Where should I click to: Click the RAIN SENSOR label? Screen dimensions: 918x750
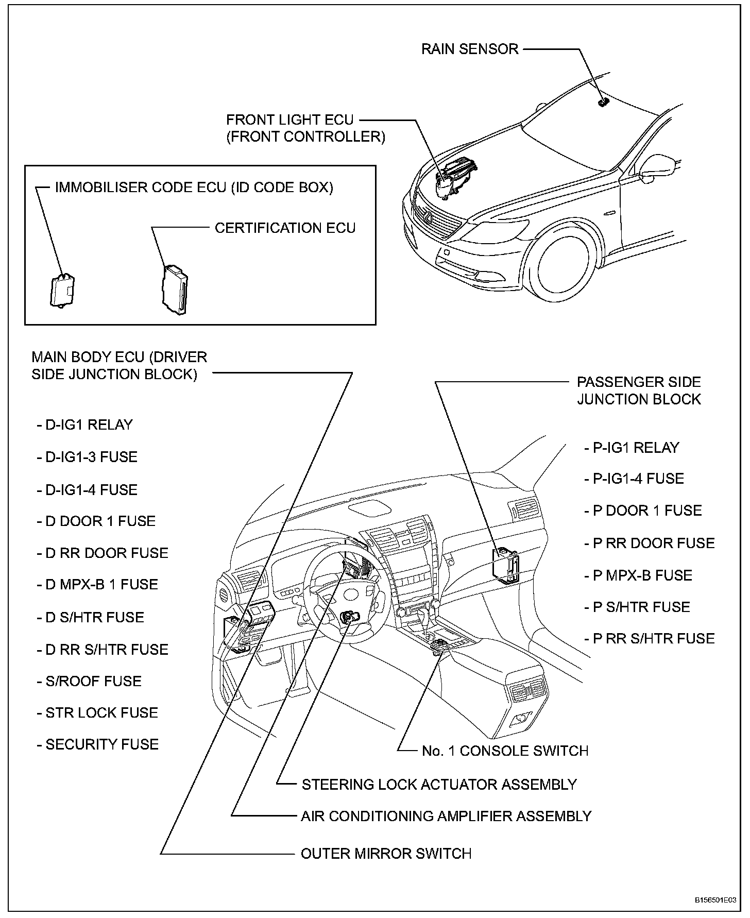[x=469, y=49]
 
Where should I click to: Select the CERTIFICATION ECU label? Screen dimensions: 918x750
[x=285, y=228]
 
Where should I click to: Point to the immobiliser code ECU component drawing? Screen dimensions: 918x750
[x=62, y=292]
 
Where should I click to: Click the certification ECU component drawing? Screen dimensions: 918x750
[x=175, y=290]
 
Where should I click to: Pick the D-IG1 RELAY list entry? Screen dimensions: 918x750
[x=85, y=424]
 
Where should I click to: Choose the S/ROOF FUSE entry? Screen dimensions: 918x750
[x=89, y=681]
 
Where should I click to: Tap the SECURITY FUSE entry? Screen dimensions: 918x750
[x=98, y=744]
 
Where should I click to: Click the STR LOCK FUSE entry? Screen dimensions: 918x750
[x=97, y=713]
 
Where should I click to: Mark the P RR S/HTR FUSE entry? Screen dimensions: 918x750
[x=650, y=639]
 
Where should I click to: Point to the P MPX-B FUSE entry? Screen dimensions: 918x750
[x=638, y=575]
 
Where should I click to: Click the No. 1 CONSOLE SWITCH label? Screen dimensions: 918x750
[x=505, y=751]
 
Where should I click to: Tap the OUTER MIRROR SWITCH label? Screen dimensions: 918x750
[x=386, y=854]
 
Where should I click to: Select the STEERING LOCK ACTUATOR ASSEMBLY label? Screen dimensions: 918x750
[x=439, y=784]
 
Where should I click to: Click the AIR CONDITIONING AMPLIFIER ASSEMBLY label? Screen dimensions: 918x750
[x=446, y=816]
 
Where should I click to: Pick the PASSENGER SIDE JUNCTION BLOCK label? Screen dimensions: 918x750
[x=639, y=390]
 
